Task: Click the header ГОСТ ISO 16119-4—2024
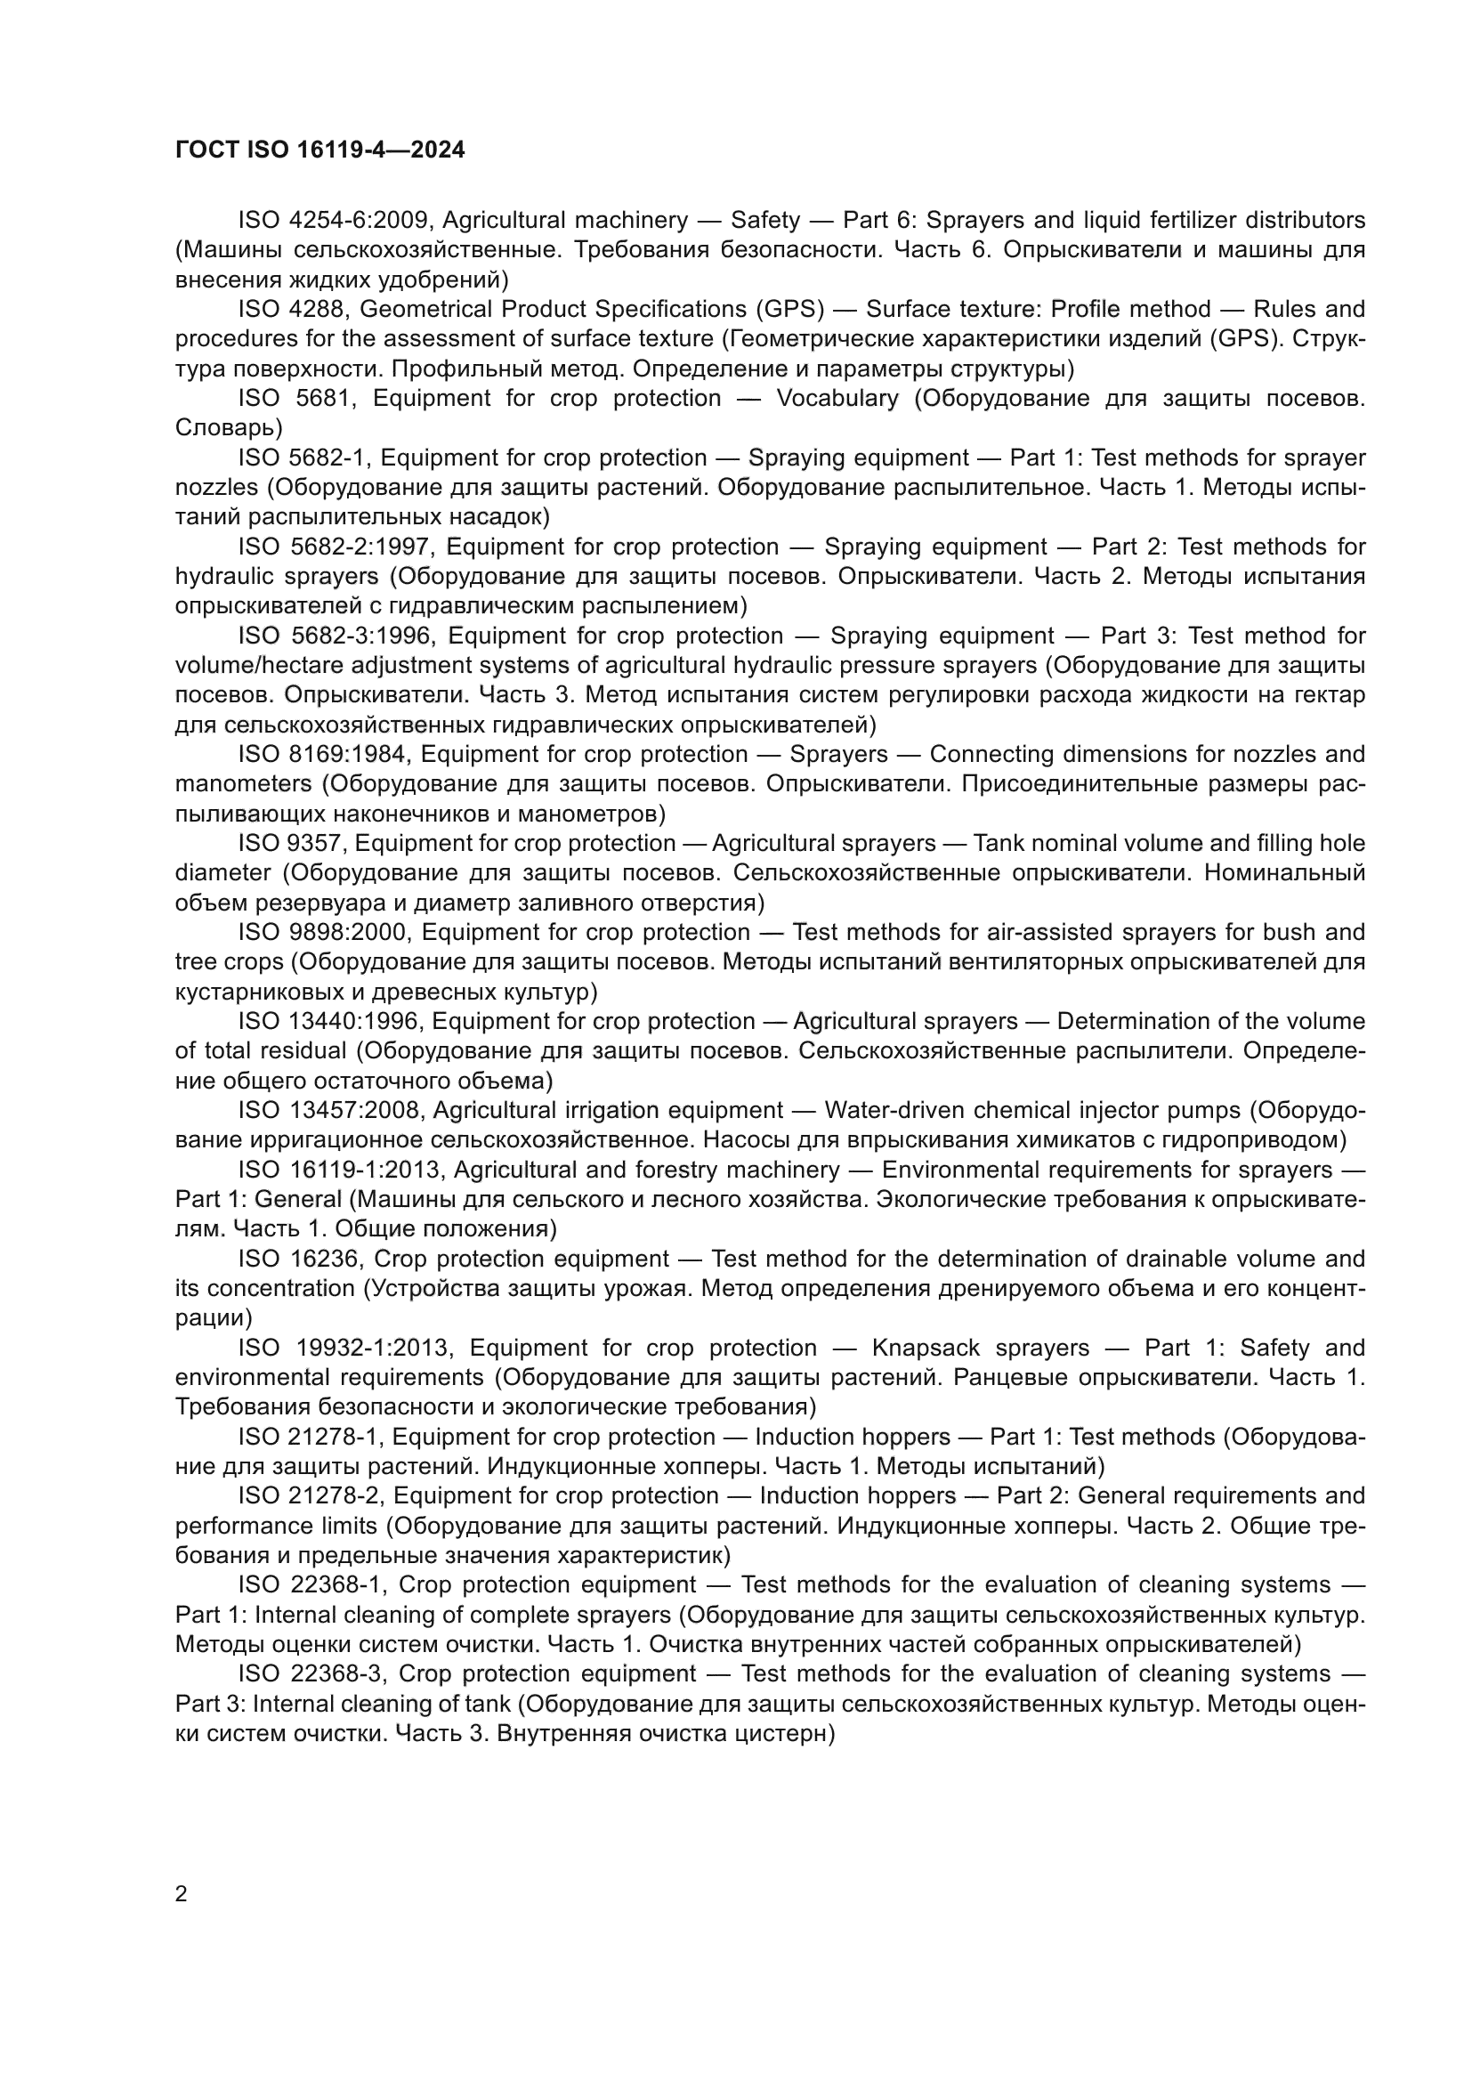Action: (x=319, y=150)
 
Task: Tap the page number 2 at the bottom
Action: (x=182, y=1893)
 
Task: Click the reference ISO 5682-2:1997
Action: (x=335, y=547)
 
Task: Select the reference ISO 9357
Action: (x=290, y=843)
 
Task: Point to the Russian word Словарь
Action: (x=228, y=427)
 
